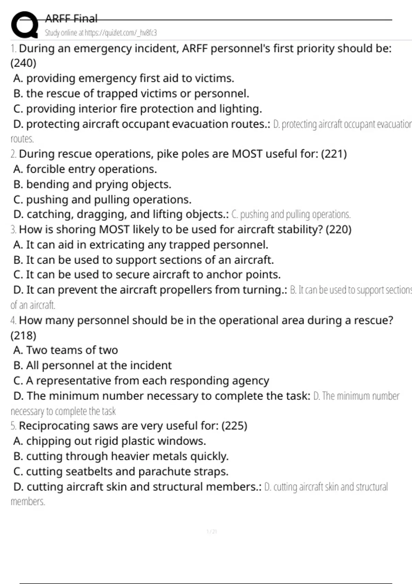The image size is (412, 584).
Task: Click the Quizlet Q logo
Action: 24,25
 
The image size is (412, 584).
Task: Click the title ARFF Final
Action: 71,19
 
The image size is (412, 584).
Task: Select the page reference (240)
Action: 23,63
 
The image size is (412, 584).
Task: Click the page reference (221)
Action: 334,154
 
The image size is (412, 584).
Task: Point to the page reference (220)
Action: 339,229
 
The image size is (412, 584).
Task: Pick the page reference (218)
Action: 23,336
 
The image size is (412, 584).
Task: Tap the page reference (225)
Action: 234,426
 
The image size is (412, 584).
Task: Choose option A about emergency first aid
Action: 124,79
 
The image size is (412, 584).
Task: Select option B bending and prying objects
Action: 92,184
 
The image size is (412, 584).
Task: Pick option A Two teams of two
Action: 66,350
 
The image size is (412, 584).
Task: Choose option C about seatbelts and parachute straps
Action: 121,472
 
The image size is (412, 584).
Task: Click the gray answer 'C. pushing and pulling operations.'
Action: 291,215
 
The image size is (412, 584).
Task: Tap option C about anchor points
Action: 147,275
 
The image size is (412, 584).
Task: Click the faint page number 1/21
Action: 212,532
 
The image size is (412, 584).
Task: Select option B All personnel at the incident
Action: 92,366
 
